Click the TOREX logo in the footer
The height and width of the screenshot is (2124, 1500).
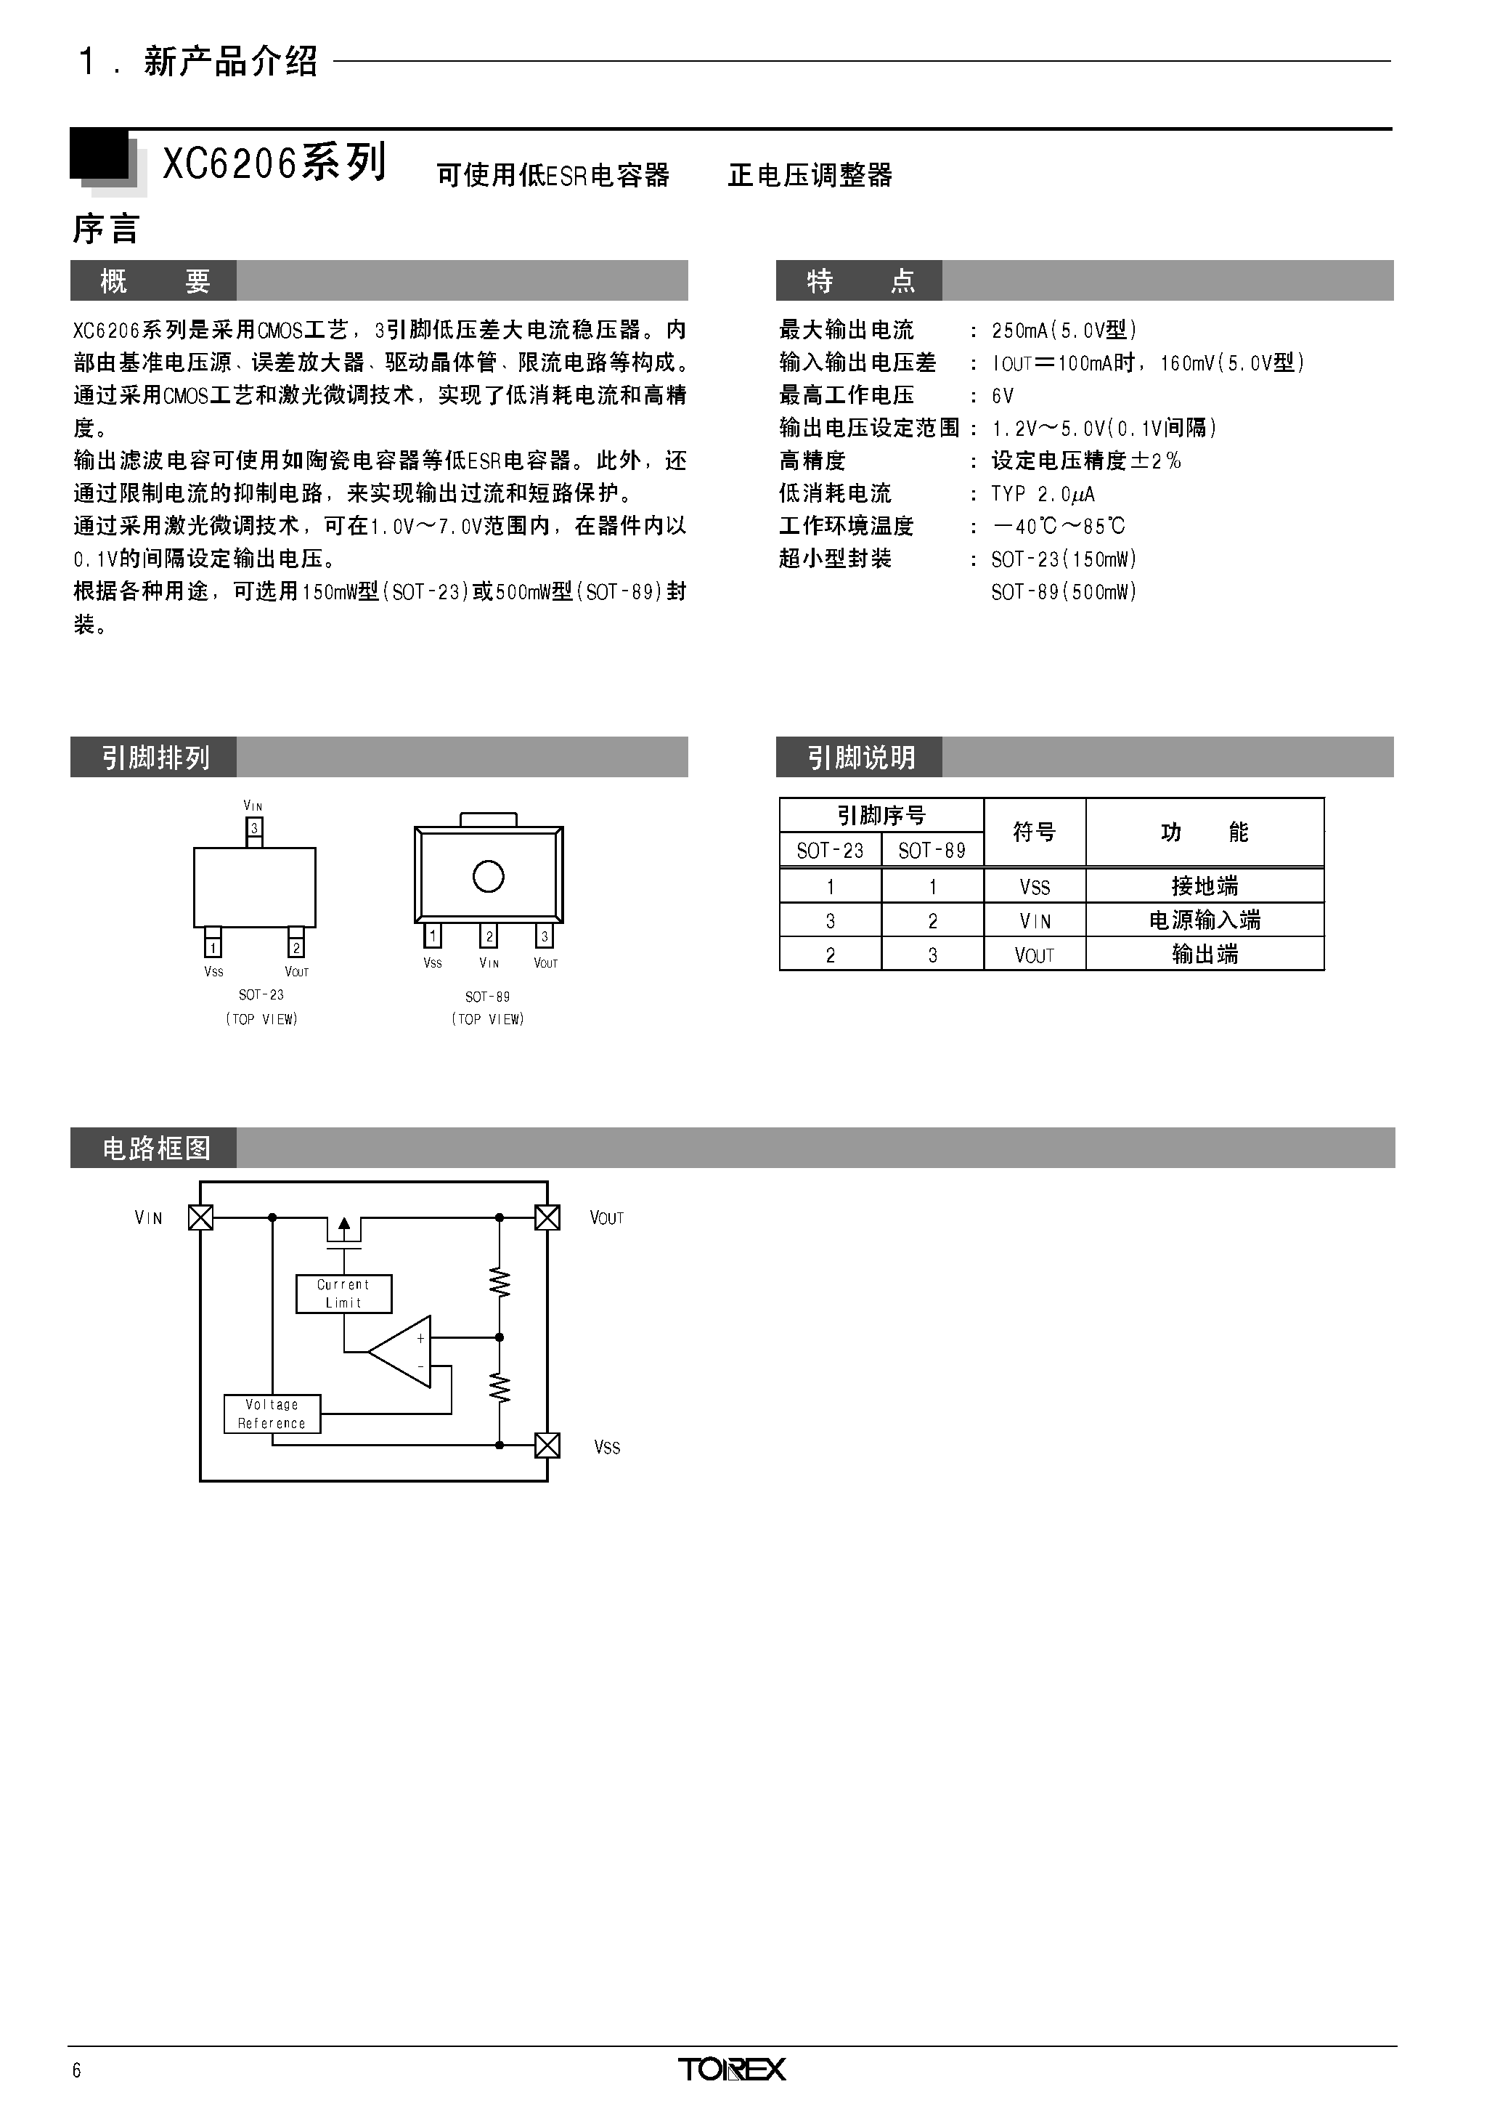tap(732, 2070)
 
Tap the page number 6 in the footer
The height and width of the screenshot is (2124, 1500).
tap(77, 2070)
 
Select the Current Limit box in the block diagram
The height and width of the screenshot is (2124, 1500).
tap(344, 1293)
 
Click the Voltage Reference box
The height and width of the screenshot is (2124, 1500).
tap(272, 1414)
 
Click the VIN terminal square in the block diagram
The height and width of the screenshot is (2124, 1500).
tap(200, 1217)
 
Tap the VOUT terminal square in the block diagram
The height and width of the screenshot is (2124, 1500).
tap(547, 1217)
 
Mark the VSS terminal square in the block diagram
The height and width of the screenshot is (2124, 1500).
tap(547, 1445)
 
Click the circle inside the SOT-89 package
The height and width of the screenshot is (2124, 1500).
tap(489, 876)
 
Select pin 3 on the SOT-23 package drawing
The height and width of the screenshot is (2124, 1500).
tap(254, 831)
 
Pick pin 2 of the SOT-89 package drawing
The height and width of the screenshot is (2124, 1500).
tap(489, 936)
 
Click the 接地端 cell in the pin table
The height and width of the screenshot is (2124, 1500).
tap(1205, 886)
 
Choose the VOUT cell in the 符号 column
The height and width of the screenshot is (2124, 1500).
tap(1034, 954)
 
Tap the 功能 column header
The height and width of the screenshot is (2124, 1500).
tap(1205, 832)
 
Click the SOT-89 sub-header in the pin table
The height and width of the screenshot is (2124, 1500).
tap(932, 850)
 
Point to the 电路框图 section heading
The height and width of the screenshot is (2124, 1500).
tap(156, 1148)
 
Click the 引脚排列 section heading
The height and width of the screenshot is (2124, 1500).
tap(156, 758)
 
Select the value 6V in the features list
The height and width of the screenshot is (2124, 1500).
tap(1003, 396)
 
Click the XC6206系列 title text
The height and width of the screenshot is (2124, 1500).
tap(274, 163)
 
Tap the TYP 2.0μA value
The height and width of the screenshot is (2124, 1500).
tap(1043, 494)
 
